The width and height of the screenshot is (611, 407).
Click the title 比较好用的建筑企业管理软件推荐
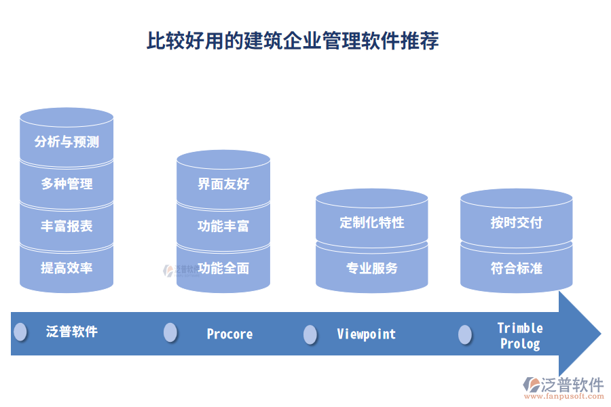pyautogui.click(x=293, y=41)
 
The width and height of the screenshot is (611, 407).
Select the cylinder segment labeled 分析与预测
pyautogui.click(x=67, y=142)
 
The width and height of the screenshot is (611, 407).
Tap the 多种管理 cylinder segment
pyautogui.click(x=67, y=184)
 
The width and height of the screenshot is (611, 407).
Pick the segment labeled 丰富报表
pyautogui.click(x=67, y=226)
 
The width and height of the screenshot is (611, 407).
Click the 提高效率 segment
pyautogui.click(x=67, y=268)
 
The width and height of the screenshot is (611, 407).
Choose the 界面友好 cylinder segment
pyautogui.click(x=223, y=184)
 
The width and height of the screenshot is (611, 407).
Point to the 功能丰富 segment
pyautogui.click(x=223, y=226)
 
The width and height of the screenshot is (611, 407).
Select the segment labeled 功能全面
pyautogui.click(x=223, y=268)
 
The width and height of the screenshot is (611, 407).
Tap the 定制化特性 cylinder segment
pyautogui.click(x=372, y=222)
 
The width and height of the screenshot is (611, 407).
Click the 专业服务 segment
pyautogui.click(x=372, y=268)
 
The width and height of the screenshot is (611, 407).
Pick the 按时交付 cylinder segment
pyautogui.click(x=516, y=222)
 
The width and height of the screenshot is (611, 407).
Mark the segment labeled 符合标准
pyautogui.click(x=516, y=268)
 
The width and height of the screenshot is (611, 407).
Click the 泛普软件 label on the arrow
pyautogui.click(x=72, y=332)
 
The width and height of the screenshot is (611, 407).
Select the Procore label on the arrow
pyautogui.click(x=229, y=334)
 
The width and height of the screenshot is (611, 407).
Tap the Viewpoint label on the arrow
pyautogui.click(x=366, y=334)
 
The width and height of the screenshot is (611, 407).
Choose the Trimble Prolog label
pyautogui.click(x=520, y=336)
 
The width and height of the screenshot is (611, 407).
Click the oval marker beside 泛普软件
pyautogui.click(x=20, y=332)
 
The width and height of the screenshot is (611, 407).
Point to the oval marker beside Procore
pyautogui.click(x=170, y=332)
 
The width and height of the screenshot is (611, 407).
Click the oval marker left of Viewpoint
pyautogui.click(x=310, y=334)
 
